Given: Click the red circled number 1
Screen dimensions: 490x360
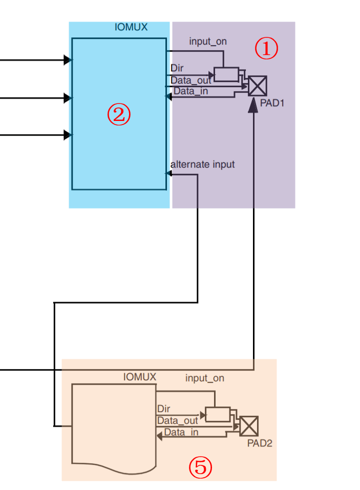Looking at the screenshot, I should pos(266,49).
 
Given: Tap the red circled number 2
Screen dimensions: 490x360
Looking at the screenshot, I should pos(119,115).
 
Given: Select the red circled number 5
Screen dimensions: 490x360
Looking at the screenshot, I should pos(200,466).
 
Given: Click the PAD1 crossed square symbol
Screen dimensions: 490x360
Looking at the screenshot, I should pos(258,86).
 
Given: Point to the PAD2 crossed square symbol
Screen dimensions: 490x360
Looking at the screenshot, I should pos(249,425).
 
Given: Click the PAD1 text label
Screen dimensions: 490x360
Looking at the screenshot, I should pos(272,103).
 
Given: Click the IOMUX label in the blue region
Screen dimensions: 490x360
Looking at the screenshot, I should pos(131,27).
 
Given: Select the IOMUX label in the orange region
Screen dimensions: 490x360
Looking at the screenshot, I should pos(139,377).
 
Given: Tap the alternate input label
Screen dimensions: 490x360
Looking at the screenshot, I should pos(202,165).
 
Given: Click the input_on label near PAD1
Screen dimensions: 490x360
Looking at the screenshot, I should pos(208,42).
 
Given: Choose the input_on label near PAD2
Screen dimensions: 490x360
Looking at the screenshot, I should pos(204,378).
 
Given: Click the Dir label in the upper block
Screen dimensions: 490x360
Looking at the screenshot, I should pos(177,68).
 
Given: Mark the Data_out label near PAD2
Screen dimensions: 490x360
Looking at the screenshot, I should pos(177,420).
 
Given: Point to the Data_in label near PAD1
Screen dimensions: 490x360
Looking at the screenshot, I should pos(190,91).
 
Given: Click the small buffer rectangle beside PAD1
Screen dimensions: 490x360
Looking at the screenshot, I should pos(226,74).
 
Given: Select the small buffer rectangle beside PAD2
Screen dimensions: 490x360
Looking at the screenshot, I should pos(218,414).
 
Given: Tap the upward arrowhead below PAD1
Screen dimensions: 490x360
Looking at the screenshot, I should pos(253,106).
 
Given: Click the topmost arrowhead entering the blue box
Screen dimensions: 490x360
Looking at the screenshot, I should pos(68,60).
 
